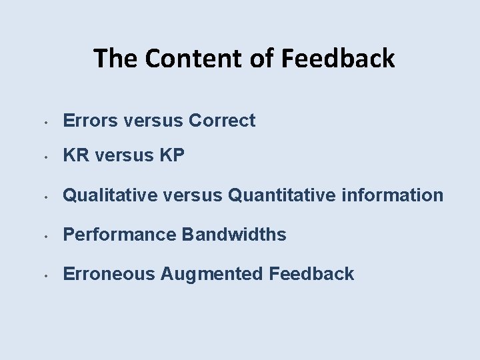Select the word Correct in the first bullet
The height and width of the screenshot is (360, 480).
click(x=222, y=121)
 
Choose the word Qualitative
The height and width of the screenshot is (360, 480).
click(x=111, y=195)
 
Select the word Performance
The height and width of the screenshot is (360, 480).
click(x=120, y=235)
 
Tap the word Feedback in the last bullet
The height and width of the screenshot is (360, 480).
click(x=311, y=273)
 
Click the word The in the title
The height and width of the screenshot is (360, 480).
click(x=117, y=59)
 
